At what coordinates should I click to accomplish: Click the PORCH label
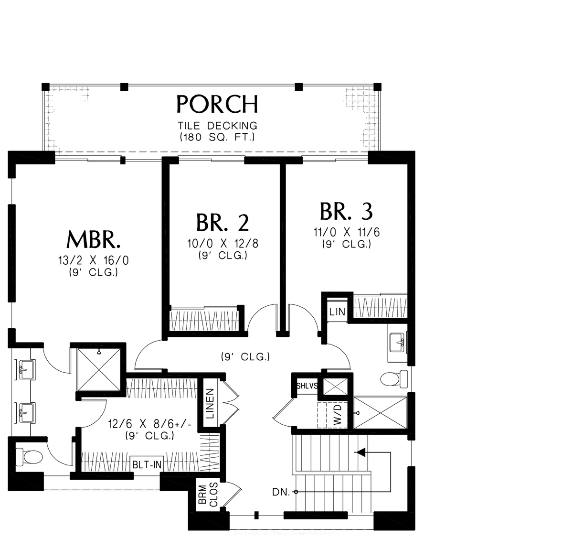pos(217,104)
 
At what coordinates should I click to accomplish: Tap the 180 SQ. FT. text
pos(217,137)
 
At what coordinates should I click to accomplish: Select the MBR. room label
pos(93,240)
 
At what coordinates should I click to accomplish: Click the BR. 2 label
pos(223,223)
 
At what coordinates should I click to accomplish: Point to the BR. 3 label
pos(346,211)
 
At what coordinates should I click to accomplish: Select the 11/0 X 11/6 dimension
pos(346,233)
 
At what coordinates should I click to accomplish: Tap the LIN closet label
pos(337,312)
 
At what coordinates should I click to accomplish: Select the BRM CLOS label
pos(207,497)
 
